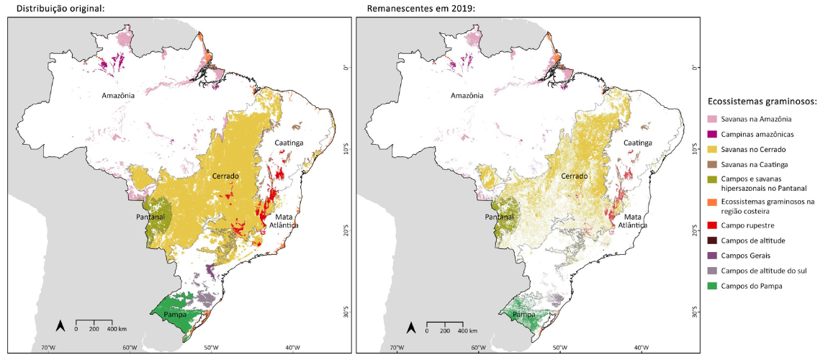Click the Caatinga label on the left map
point(288,143)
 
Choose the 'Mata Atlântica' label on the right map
point(633,220)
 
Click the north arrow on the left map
point(61,326)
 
